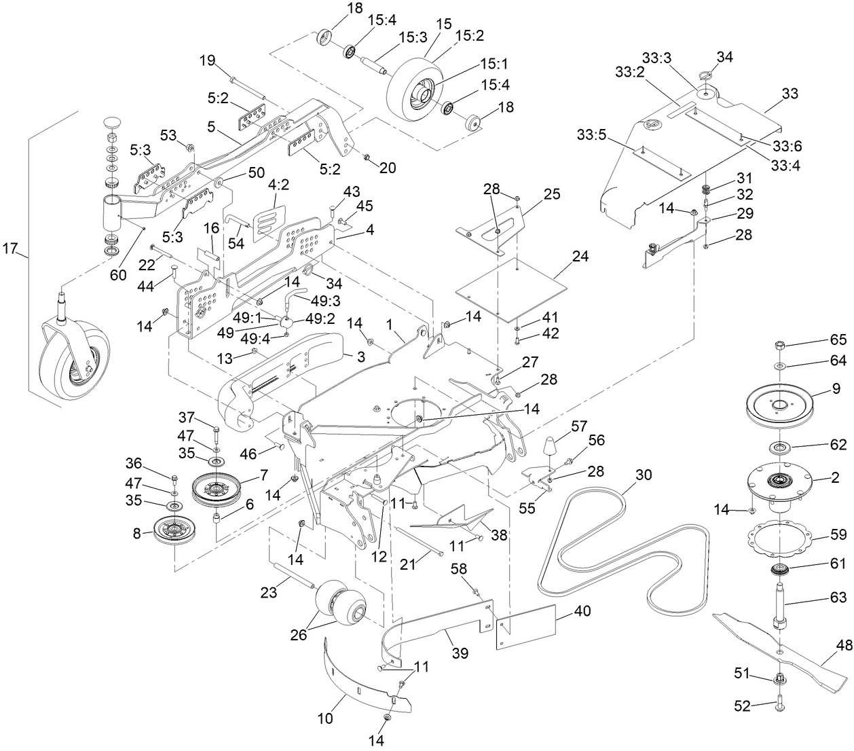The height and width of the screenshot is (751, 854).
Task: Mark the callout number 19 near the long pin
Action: tap(206, 60)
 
